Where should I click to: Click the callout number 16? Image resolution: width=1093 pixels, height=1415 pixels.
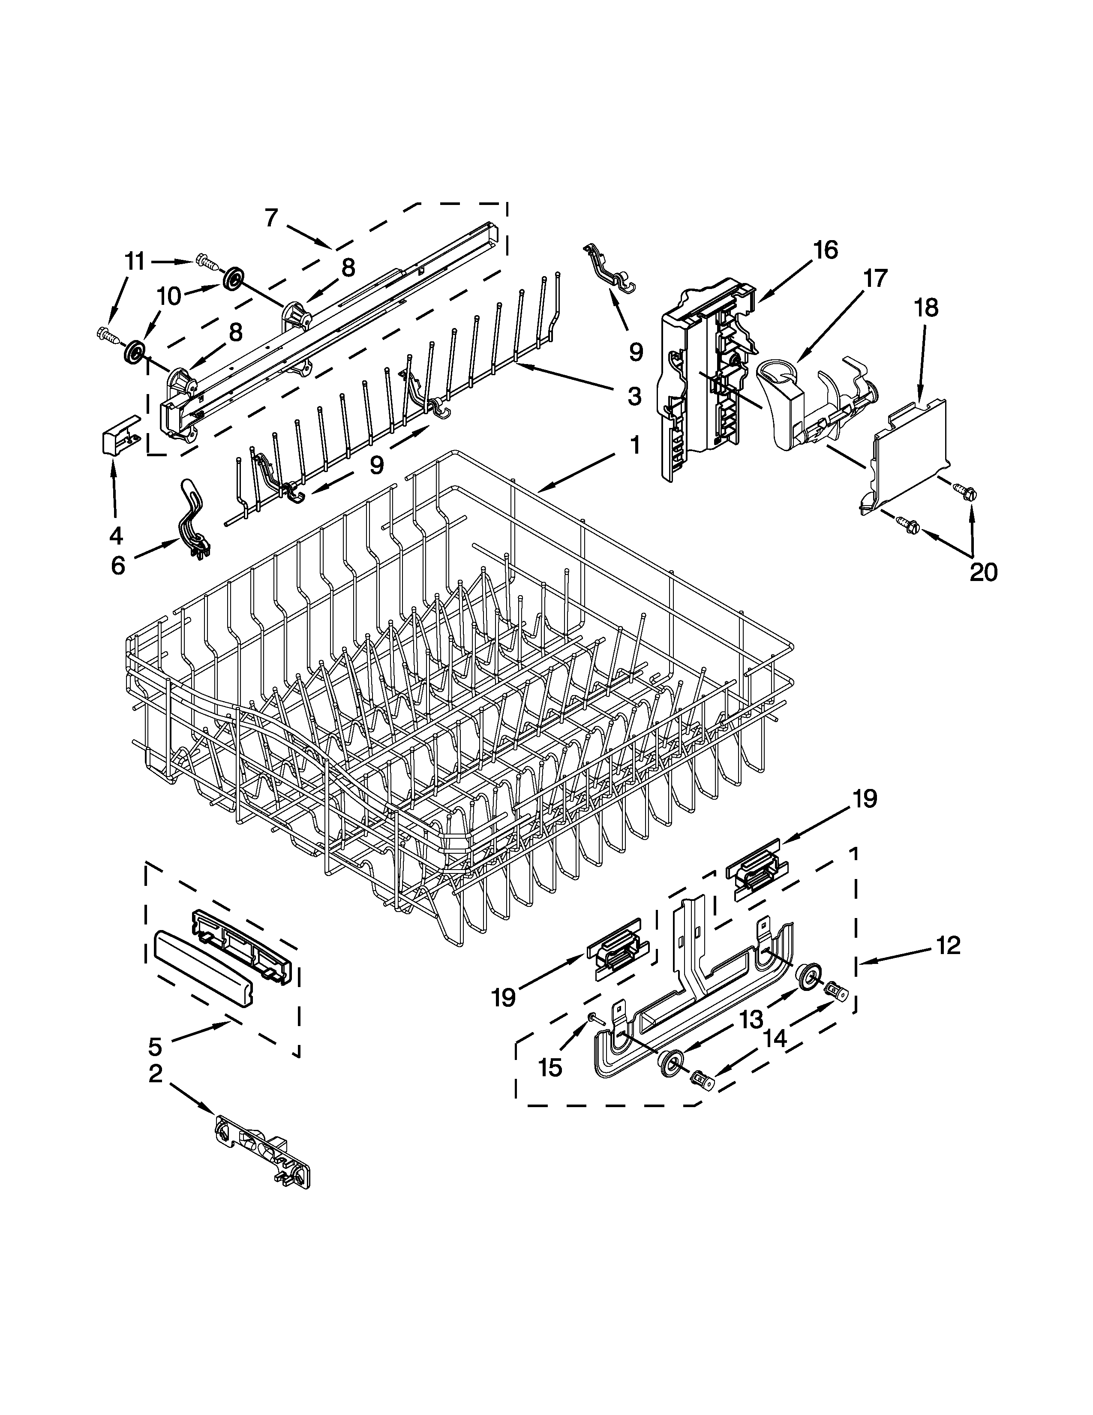point(825,250)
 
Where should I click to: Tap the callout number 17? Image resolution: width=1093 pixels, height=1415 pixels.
point(874,279)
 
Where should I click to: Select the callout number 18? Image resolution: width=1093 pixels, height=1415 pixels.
point(926,308)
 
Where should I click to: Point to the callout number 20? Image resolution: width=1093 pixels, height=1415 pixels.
point(983,572)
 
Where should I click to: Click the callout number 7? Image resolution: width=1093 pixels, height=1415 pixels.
point(271,218)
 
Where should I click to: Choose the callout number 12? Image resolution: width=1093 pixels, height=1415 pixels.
point(947,946)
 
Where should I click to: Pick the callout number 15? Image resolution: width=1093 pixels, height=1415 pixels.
point(550,1068)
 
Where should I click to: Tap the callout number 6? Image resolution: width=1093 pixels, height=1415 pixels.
point(118,566)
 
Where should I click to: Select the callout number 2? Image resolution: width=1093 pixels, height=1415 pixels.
point(156,1074)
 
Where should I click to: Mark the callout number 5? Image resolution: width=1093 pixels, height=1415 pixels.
point(155,1046)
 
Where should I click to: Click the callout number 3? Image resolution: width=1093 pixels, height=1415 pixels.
point(634,395)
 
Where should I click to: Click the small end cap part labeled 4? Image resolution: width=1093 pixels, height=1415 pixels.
point(120,435)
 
